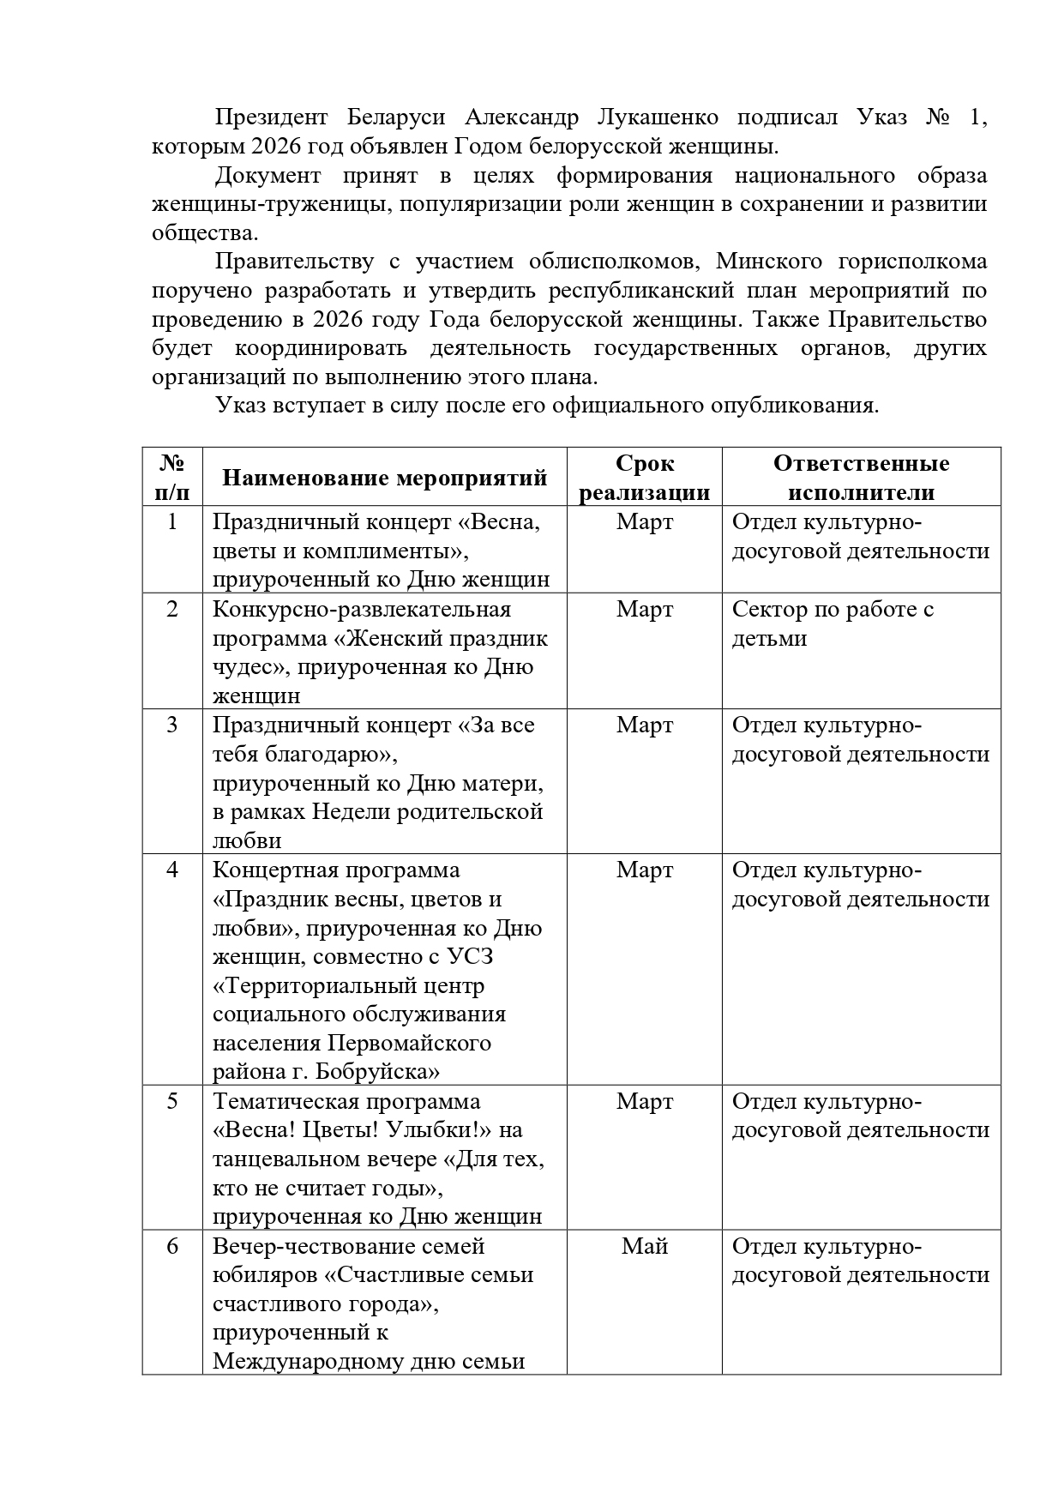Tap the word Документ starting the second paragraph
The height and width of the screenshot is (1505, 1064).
[x=268, y=176]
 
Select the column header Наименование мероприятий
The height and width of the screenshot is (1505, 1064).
[x=384, y=478]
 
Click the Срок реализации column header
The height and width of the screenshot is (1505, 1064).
[x=645, y=478]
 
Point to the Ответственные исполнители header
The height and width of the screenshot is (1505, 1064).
[x=861, y=478]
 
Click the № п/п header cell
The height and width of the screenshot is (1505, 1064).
[x=172, y=478]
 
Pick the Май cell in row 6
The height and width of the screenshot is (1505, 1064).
[x=645, y=1246]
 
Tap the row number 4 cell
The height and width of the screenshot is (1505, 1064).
[x=172, y=870]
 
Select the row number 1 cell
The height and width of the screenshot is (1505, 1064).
[x=172, y=521]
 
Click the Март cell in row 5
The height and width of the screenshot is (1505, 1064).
[x=645, y=1101]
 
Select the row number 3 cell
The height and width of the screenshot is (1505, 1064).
[x=172, y=725]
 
